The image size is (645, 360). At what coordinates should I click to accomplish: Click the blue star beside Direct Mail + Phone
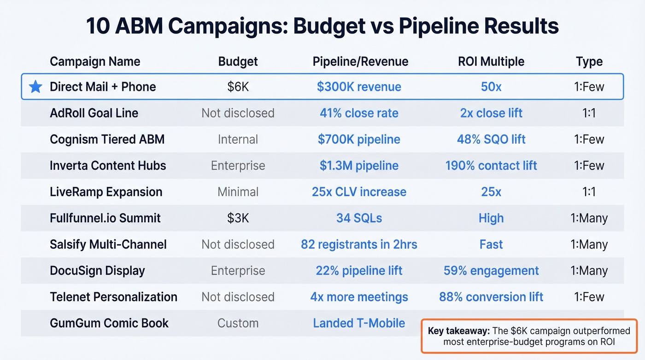(x=35, y=87)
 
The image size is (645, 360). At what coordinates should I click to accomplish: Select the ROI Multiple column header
(x=491, y=62)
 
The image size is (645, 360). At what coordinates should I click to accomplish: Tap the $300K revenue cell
(x=359, y=87)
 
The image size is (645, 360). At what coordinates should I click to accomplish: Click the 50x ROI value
(x=491, y=87)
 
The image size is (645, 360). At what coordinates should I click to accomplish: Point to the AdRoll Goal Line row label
(x=94, y=113)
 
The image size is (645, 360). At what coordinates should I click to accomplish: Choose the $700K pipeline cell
(x=359, y=139)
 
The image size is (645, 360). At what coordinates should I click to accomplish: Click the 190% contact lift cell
(x=491, y=165)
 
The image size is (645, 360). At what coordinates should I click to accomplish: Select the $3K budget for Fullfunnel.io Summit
(x=238, y=218)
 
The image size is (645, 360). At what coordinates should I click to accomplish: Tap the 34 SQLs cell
(x=359, y=218)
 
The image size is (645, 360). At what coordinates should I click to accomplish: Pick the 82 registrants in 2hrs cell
(x=359, y=244)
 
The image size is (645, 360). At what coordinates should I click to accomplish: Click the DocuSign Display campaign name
(x=97, y=271)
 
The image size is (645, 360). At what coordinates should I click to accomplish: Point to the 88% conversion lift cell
(x=491, y=297)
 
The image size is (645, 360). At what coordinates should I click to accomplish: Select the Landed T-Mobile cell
(x=359, y=323)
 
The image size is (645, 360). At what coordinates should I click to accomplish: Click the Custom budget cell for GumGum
(x=238, y=323)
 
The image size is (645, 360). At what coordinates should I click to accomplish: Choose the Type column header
(x=589, y=62)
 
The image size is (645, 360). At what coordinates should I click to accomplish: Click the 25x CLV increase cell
(x=359, y=192)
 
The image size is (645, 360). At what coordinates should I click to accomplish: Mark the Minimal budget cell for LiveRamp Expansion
(x=238, y=192)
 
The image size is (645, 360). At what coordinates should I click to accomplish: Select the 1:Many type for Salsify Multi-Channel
(x=589, y=244)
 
